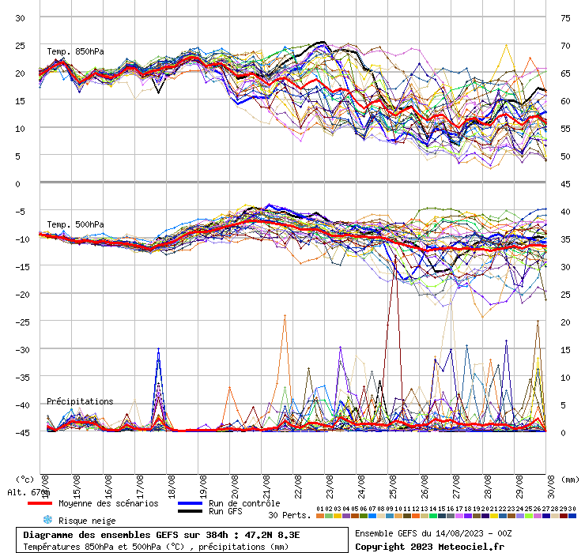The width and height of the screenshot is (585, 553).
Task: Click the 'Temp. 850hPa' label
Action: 75,52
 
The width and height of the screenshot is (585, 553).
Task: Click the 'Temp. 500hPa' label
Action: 75,224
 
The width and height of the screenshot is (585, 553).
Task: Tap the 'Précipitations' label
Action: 79,401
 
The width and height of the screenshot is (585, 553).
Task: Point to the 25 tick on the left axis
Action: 21,45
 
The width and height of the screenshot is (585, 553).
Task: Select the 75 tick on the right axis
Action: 565,17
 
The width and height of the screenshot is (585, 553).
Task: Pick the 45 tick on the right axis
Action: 565,183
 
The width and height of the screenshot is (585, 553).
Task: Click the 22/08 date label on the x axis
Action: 298,483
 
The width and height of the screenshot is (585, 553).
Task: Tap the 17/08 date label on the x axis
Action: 140,483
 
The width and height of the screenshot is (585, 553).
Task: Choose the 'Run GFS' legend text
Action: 225,512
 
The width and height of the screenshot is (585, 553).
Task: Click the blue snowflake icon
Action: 47,520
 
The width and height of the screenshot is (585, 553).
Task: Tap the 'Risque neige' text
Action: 87,521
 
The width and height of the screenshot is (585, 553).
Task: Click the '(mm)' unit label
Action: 569,479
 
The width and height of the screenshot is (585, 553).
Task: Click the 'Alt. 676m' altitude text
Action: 28,492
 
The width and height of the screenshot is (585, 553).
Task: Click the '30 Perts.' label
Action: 289,515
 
